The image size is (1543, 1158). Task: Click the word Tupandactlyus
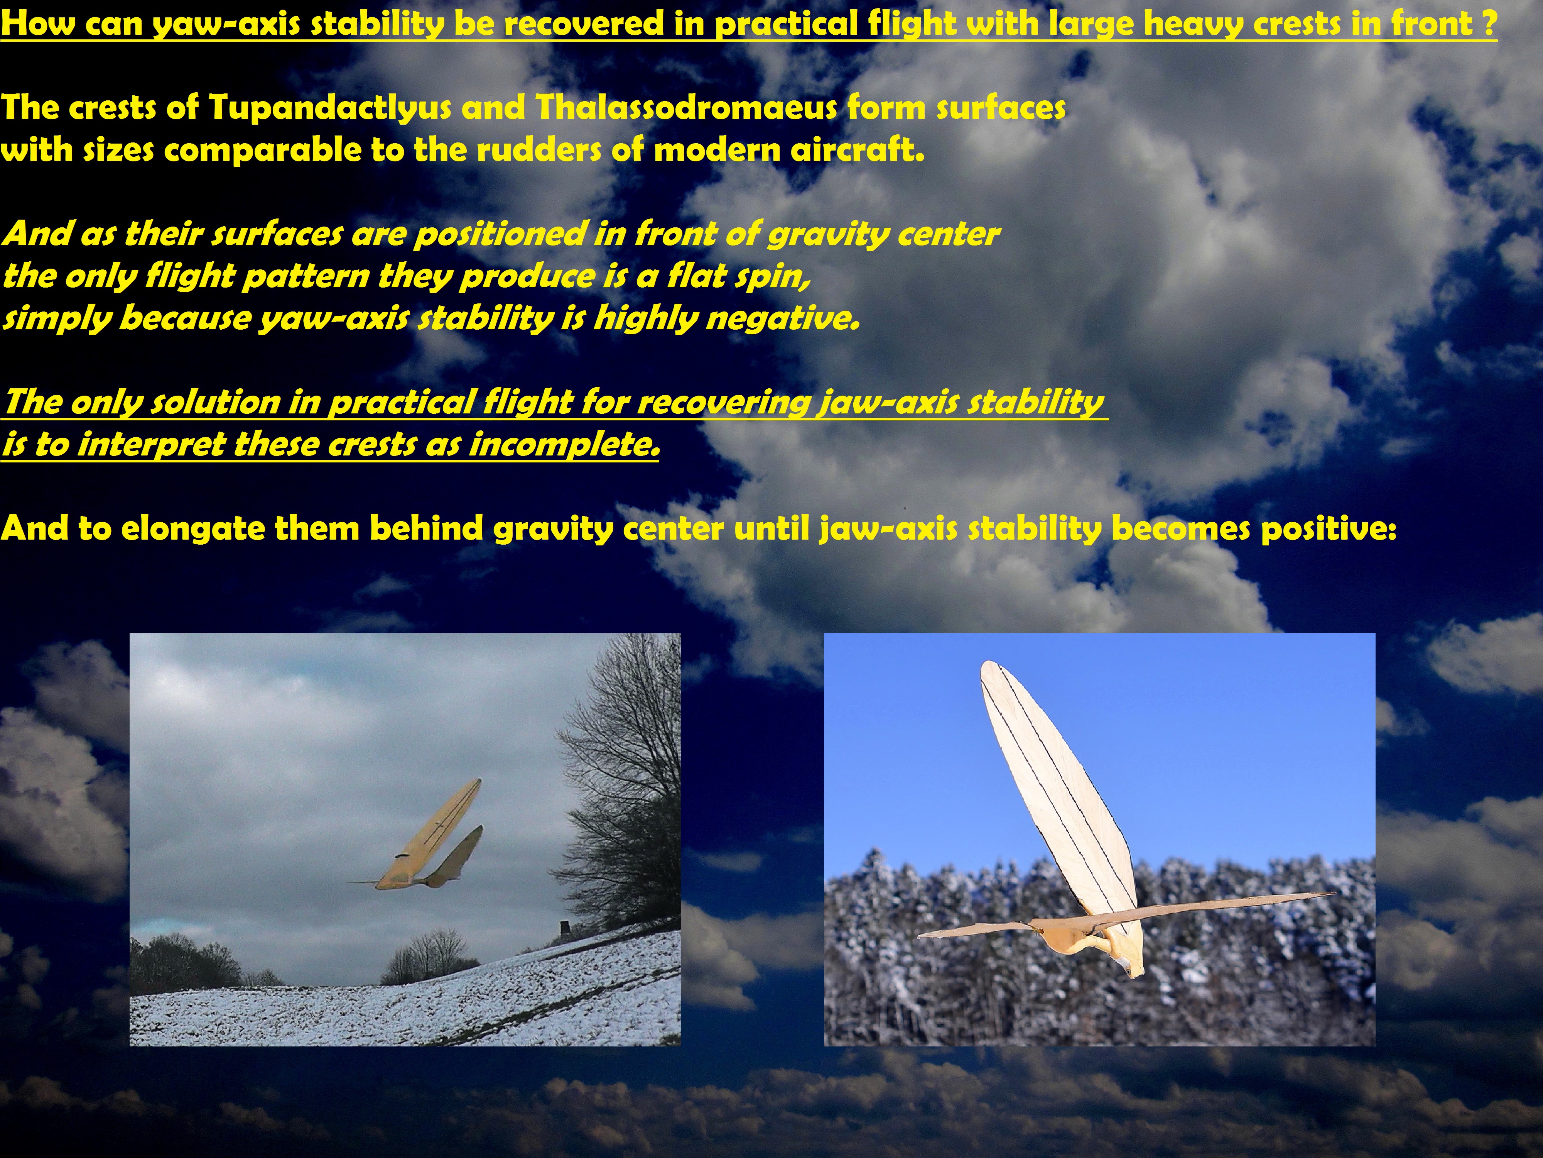click(329, 108)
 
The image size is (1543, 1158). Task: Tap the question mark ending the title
click(1489, 23)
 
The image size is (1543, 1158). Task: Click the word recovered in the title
click(584, 24)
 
